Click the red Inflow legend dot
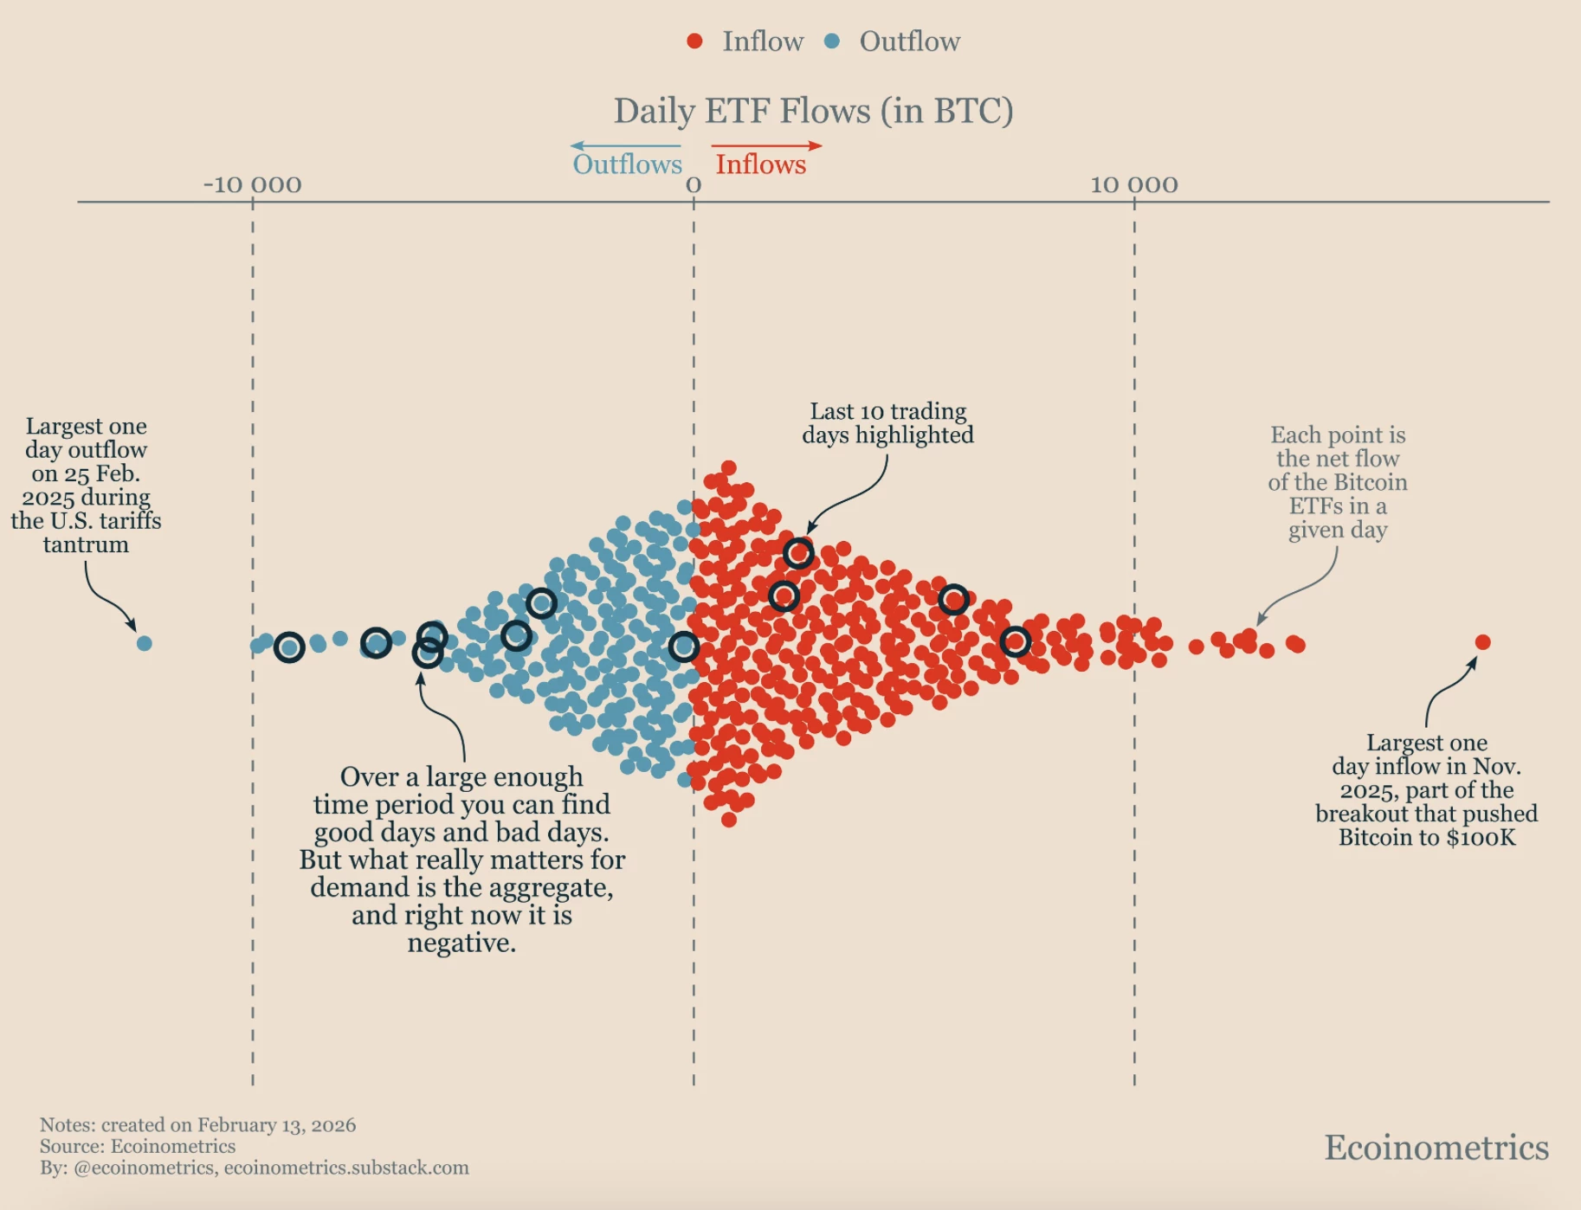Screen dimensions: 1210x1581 coord(694,41)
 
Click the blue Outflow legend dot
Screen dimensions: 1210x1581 coord(832,41)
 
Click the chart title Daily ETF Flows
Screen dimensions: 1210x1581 coord(812,111)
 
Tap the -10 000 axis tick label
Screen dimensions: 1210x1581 coord(252,184)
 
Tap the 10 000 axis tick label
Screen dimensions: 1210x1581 coord(1133,184)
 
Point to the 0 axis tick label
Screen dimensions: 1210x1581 coord(694,184)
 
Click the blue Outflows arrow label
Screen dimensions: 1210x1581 coord(627,164)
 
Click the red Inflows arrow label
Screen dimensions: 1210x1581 coord(760,164)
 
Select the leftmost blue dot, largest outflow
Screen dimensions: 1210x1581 coord(145,643)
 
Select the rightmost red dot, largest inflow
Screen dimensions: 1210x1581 coord(1482,641)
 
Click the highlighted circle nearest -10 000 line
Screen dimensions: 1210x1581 coord(289,647)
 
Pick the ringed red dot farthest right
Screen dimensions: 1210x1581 coord(1015,641)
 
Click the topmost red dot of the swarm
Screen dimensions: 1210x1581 coord(728,468)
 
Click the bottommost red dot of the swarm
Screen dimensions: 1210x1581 coord(728,819)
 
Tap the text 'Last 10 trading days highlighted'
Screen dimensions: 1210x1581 coord(887,422)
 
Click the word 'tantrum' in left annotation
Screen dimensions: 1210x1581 coord(86,544)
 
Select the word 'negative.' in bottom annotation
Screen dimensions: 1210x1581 coord(461,943)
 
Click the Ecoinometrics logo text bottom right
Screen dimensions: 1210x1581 coord(1436,1147)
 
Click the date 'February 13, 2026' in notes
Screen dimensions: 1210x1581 coord(276,1125)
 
